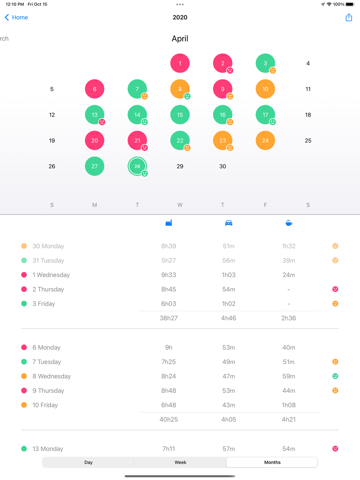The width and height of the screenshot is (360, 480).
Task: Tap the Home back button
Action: coord(16,17)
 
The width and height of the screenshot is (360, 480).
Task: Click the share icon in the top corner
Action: coord(348,17)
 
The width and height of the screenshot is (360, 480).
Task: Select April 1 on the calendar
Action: coord(180,63)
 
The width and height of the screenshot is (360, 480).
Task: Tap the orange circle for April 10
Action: coord(265,89)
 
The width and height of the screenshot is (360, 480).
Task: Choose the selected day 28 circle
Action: coord(137,166)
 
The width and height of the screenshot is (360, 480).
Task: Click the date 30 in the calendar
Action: coord(222,166)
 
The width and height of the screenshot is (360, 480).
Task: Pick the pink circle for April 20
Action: coord(95,140)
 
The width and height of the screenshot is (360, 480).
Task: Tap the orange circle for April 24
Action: coord(265,140)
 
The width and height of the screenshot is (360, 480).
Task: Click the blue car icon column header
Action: coord(229,223)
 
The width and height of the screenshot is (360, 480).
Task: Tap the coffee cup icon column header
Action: coord(289,223)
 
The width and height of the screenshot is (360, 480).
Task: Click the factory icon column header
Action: coord(168,223)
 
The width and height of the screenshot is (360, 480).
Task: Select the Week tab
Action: coord(180,462)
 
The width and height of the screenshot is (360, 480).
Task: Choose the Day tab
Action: coord(88,462)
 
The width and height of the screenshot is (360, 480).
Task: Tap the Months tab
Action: coord(272,462)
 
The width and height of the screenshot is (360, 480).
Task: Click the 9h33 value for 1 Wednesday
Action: coord(168,275)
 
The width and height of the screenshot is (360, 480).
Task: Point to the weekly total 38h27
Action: coord(168,318)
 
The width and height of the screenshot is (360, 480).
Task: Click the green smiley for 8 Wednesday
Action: coord(335,376)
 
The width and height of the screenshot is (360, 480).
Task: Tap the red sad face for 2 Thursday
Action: coord(335,289)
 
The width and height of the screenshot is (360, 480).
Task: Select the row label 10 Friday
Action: coord(45,405)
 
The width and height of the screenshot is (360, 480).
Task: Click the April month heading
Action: coord(180,39)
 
